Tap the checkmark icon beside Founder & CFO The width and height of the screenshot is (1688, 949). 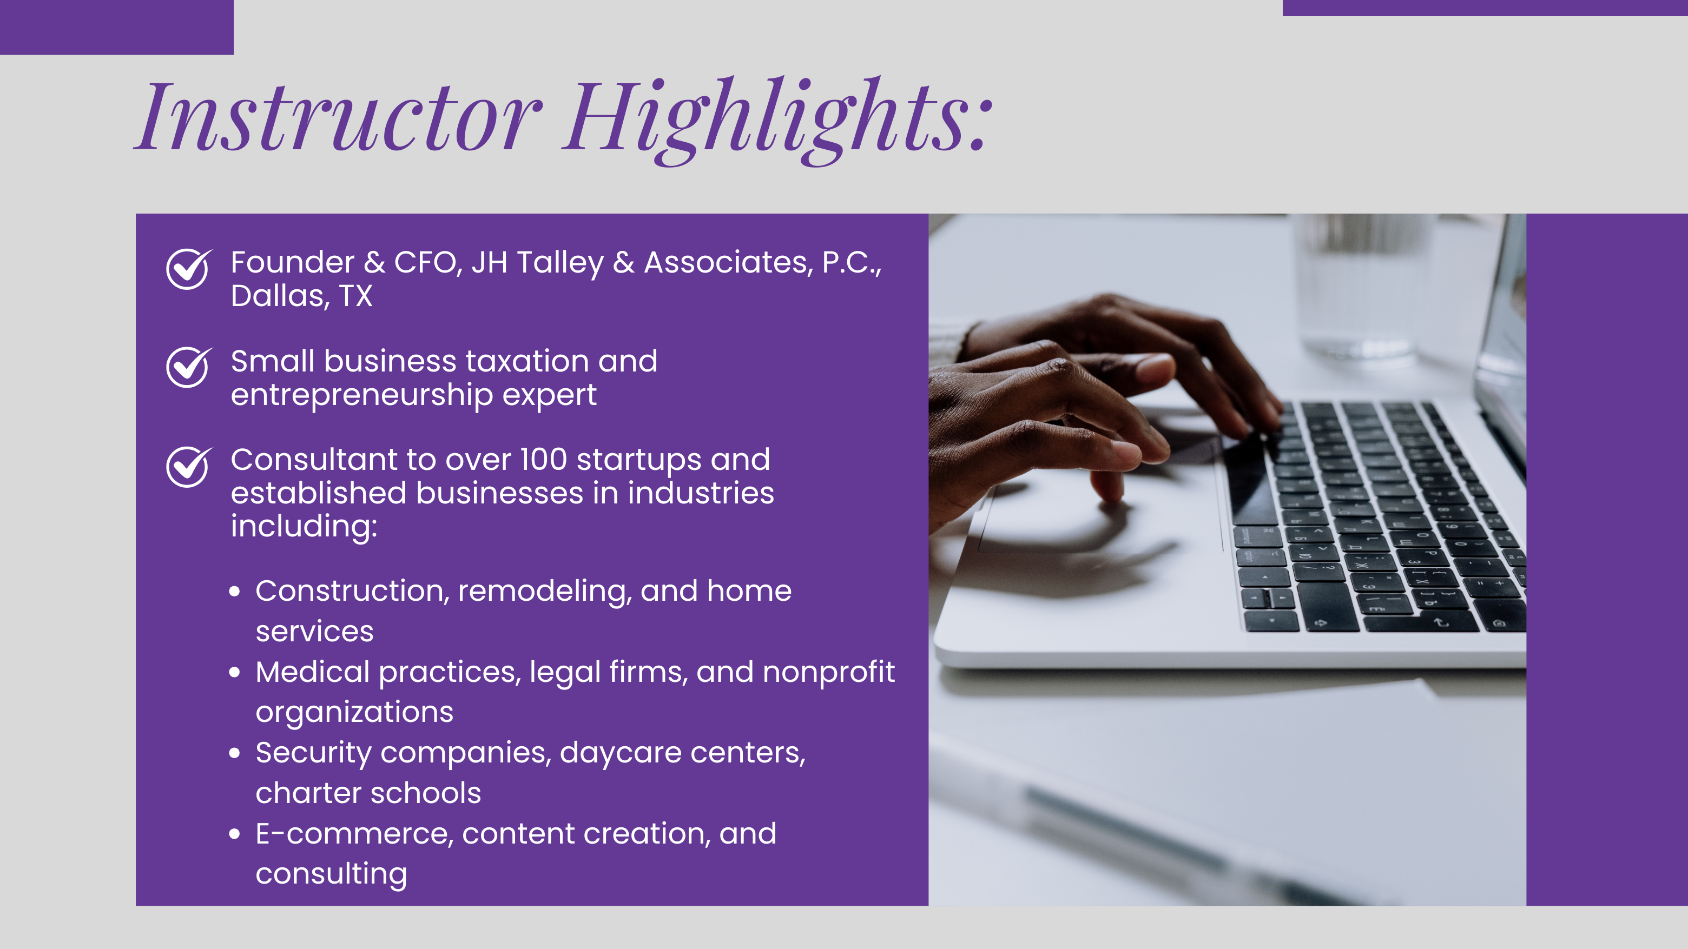(189, 269)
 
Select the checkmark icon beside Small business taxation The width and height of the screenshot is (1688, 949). (189, 367)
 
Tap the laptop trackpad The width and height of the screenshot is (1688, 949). (1101, 517)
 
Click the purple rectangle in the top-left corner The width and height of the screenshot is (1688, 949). (117, 27)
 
